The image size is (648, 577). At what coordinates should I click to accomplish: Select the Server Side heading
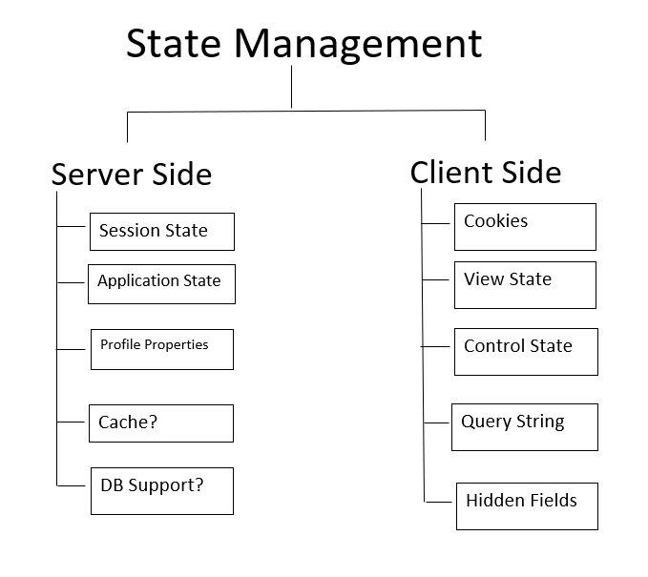pos(131,175)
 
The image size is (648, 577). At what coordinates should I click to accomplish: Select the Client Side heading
pos(486,172)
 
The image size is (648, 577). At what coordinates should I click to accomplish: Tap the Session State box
pos(161,232)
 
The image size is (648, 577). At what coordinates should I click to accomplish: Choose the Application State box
pos(161,283)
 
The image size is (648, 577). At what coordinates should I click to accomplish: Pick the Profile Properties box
pos(161,349)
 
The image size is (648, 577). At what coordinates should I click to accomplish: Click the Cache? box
pos(161,422)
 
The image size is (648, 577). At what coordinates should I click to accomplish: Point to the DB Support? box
pos(161,490)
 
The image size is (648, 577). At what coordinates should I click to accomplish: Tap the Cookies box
pos(525,226)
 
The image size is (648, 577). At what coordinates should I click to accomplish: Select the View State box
pos(525,284)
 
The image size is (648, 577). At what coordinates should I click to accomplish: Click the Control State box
pos(526,351)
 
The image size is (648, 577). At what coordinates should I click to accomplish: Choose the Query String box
pos(524,426)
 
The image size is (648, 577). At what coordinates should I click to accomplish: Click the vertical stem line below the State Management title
pos(291,92)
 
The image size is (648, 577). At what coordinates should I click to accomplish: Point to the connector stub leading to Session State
pos(73,227)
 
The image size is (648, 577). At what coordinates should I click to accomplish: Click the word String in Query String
pos(539,422)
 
